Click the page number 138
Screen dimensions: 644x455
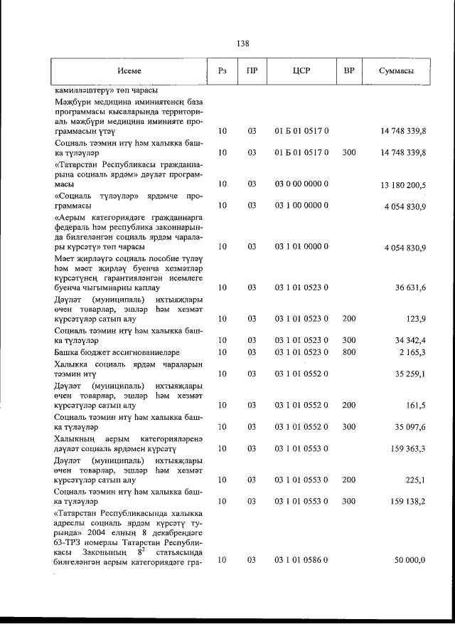tap(242, 43)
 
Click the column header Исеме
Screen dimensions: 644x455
tap(129, 71)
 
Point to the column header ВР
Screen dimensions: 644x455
tap(349, 71)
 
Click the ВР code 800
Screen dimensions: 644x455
tap(349, 352)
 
